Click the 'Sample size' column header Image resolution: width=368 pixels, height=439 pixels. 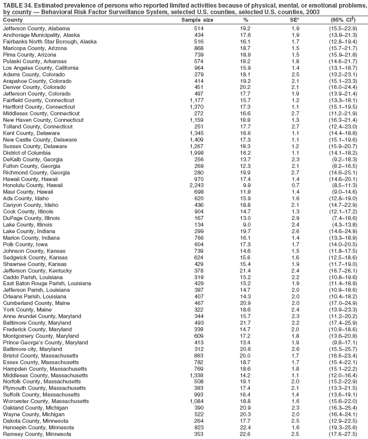click(197, 20)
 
